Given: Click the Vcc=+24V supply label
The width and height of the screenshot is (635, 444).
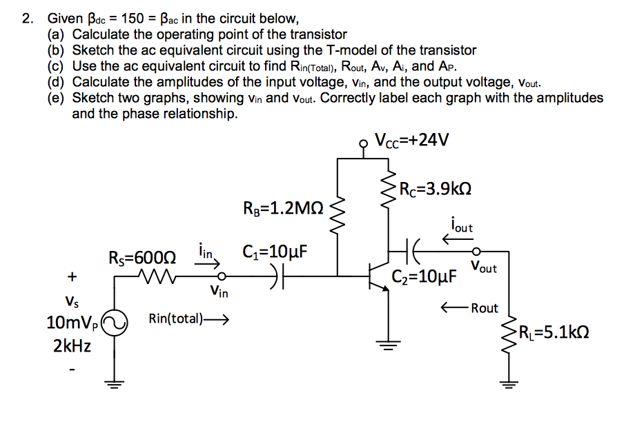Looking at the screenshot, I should point(411,141).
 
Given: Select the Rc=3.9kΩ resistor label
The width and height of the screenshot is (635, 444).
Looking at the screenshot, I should point(436,189).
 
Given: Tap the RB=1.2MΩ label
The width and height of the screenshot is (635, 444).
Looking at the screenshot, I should point(284,208).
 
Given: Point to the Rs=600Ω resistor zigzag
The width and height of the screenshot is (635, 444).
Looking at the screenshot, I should point(157,279).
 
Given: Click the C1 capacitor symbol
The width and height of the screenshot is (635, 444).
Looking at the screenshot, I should point(280,279).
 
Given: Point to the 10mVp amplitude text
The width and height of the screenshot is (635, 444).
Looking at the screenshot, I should point(72,323).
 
